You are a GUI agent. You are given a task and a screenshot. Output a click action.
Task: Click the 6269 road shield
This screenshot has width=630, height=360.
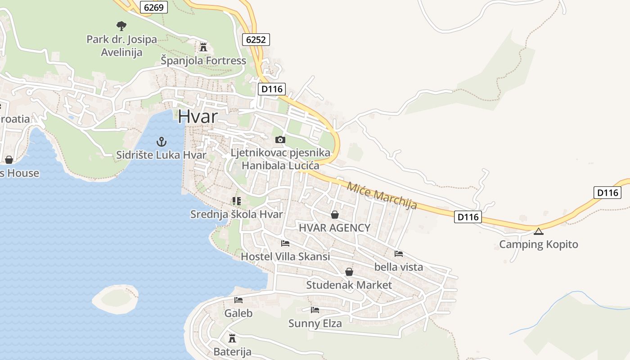click(153, 7)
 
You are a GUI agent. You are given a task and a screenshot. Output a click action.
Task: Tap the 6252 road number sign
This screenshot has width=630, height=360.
click(256, 39)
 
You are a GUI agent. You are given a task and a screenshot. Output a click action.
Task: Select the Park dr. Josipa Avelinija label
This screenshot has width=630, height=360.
click(121, 46)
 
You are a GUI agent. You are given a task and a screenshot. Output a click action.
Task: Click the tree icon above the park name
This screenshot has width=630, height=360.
click(121, 26)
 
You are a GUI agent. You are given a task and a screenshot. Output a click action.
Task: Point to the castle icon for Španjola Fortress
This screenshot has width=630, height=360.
click(203, 47)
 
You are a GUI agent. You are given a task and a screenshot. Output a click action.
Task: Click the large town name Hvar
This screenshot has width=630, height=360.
click(198, 117)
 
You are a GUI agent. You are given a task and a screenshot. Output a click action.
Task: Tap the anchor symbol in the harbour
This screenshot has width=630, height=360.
click(161, 142)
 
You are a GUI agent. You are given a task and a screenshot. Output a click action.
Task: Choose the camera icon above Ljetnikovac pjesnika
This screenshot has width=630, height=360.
click(280, 139)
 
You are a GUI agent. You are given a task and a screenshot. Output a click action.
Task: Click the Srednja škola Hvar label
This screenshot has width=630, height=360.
click(236, 214)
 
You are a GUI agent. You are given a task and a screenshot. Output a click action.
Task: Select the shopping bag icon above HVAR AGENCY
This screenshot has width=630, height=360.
click(334, 215)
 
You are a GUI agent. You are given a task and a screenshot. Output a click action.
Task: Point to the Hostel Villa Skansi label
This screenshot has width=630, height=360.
click(285, 256)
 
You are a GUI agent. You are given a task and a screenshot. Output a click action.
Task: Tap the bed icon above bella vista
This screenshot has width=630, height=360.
click(399, 254)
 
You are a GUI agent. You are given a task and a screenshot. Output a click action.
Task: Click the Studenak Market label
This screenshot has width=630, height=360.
click(349, 285)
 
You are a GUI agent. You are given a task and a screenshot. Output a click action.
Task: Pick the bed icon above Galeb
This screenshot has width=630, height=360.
click(238, 300)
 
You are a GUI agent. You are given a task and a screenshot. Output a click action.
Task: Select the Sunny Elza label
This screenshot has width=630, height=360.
click(315, 323)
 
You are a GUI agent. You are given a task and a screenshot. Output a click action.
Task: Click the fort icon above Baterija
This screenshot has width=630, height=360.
click(232, 338)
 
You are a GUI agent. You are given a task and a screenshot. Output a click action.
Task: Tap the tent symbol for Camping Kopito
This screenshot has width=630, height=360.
click(538, 231)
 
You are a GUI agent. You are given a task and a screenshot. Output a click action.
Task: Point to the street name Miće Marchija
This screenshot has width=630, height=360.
click(382, 195)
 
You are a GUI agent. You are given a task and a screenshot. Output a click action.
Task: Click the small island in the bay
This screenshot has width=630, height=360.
click(115, 298)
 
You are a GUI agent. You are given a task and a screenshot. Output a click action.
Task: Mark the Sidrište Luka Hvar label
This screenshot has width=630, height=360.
click(161, 155)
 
